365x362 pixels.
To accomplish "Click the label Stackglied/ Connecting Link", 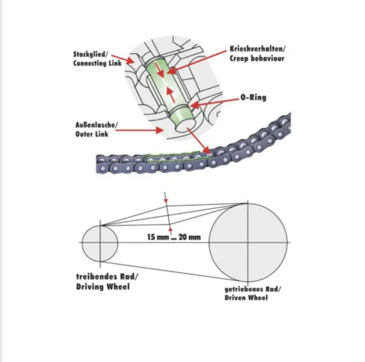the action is point(97,59).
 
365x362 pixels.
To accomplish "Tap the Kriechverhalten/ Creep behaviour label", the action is point(258,54).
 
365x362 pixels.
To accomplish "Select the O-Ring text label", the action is point(253,97).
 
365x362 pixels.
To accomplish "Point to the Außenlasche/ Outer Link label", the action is point(96,129).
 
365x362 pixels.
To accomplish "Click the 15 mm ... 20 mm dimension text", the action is point(174,237).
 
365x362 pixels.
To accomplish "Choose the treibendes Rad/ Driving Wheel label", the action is point(107,281).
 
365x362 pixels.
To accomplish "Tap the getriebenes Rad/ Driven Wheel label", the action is point(253,294).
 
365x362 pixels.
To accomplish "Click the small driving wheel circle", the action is point(82,243).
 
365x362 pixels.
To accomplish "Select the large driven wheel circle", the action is point(209,242).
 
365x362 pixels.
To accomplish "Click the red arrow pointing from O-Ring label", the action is point(216,102).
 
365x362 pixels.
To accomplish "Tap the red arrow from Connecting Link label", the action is point(123,59).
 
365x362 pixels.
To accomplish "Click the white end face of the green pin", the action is point(184,127).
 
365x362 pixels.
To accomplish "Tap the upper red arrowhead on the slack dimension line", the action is point(166,200).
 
